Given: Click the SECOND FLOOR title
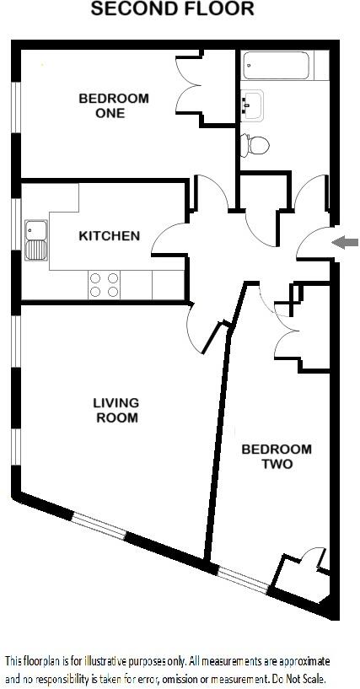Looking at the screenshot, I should click(172, 10).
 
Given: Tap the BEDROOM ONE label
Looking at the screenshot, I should click(114, 105).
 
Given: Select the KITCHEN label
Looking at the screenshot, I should click(109, 235).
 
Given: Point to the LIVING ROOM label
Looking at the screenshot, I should click(116, 410).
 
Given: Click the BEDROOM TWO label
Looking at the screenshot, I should click(276, 456).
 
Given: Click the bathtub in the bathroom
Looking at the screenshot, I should click(277, 65).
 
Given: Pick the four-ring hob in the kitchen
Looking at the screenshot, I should click(104, 284).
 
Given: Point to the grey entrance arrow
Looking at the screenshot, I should click(345, 243).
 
